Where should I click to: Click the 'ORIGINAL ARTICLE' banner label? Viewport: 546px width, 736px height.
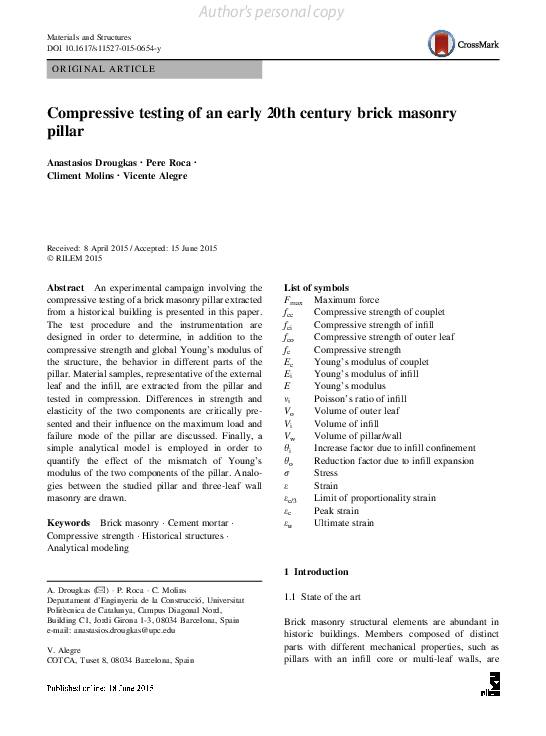[x=102, y=69]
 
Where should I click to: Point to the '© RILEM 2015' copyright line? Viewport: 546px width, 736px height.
[x=76, y=259]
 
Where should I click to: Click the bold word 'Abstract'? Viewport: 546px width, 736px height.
[x=66, y=287]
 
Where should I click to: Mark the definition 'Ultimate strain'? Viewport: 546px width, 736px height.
[x=344, y=522]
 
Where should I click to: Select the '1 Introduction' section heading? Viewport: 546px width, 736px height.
[x=317, y=572]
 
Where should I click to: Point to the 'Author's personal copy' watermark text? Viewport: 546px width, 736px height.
[x=273, y=11]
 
